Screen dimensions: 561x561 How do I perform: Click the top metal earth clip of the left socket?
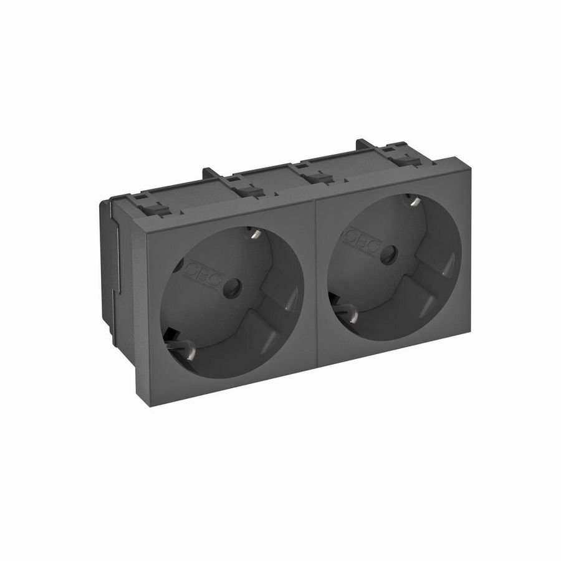(x=254, y=234)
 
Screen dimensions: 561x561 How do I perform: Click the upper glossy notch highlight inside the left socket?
(x=290, y=307)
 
